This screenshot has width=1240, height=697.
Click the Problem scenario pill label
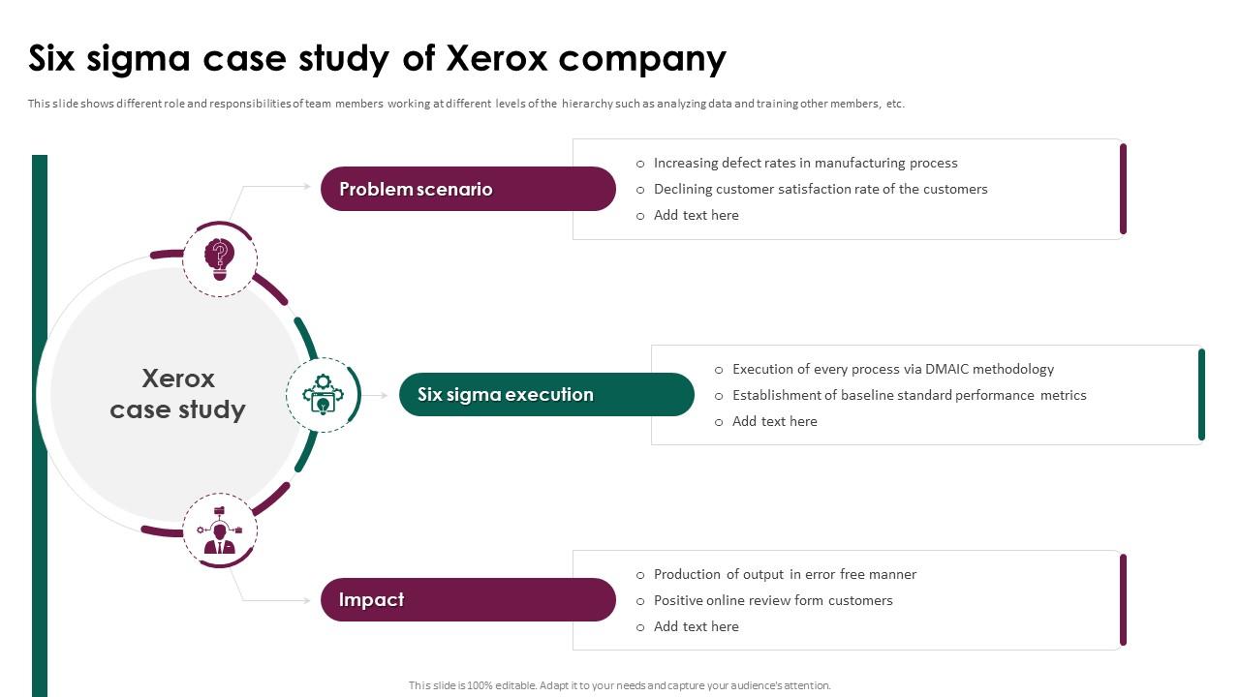(416, 189)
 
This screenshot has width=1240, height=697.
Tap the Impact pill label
(371, 600)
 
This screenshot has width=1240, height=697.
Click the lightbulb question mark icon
(220, 258)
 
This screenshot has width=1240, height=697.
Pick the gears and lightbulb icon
(323, 395)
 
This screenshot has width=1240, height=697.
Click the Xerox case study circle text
(177, 394)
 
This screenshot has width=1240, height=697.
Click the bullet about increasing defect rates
(805, 163)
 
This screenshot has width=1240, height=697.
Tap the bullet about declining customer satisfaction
(820, 189)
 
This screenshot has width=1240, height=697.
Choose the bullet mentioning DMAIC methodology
(892, 369)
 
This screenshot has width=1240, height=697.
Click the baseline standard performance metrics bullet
(909, 395)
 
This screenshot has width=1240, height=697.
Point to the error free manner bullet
(785, 574)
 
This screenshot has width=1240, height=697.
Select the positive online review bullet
(773, 600)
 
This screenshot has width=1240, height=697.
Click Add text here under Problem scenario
(696, 215)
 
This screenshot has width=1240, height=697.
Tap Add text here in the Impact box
(696, 626)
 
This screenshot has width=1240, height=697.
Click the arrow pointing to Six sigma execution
(379, 395)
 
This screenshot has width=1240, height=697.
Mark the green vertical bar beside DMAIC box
(1201, 395)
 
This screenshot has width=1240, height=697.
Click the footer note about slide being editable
(619, 685)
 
